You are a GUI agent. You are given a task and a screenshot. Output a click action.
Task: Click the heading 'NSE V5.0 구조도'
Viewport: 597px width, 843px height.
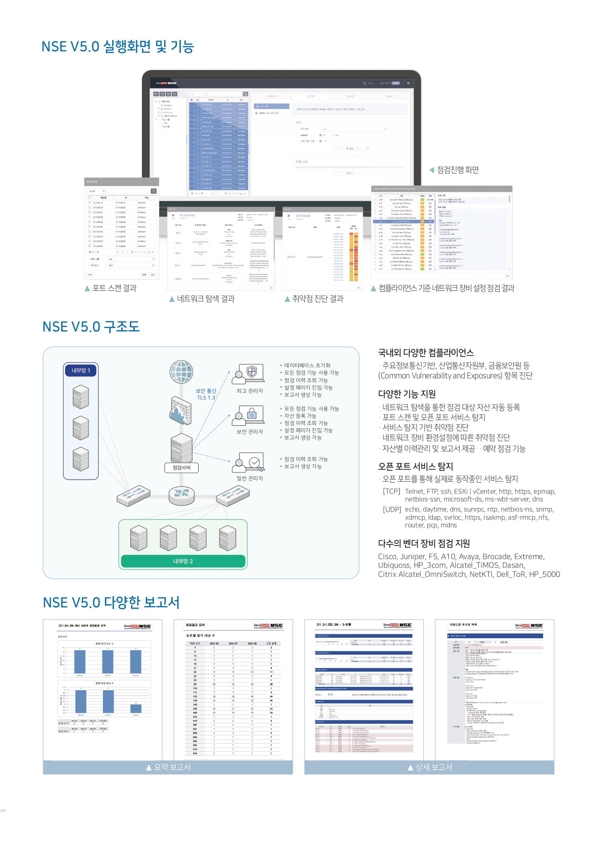[91, 327]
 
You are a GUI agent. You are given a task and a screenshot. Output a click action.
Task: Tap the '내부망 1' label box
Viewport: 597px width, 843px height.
[81, 371]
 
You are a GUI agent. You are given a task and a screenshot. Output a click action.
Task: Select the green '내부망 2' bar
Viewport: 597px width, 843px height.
[183, 561]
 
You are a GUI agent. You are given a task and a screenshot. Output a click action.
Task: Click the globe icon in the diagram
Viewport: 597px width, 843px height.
[181, 372]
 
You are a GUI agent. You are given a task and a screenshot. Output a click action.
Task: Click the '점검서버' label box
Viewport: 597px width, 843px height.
[182, 468]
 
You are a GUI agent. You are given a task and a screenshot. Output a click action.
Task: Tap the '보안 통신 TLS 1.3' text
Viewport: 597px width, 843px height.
[206, 394]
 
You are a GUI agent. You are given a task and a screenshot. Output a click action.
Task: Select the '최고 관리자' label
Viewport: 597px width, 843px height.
[250, 391]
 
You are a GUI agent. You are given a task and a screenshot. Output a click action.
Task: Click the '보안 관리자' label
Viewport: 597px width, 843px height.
[250, 432]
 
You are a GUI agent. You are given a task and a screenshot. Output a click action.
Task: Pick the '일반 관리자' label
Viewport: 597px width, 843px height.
[250, 479]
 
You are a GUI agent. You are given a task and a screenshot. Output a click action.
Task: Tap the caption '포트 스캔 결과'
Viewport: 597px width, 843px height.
[114, 288]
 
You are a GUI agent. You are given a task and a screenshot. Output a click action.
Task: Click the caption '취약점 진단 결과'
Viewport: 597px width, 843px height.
[318, 299]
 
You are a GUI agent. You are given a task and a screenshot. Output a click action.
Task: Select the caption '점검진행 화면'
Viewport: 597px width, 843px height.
[457, 170]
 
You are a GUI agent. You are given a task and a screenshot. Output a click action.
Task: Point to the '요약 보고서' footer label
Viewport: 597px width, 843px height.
[172, 768]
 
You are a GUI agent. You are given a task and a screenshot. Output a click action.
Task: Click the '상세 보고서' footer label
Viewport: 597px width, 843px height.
[433, 768]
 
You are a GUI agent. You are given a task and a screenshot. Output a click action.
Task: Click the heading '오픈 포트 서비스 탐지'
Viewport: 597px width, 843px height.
[416, 467]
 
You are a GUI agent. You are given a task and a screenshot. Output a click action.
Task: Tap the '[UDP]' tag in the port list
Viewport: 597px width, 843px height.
[392, 509]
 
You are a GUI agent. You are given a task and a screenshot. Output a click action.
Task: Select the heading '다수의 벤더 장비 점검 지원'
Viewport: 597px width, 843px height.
[424, 544]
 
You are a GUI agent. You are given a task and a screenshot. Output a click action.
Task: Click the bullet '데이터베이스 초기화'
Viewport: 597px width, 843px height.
[307, 366]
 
